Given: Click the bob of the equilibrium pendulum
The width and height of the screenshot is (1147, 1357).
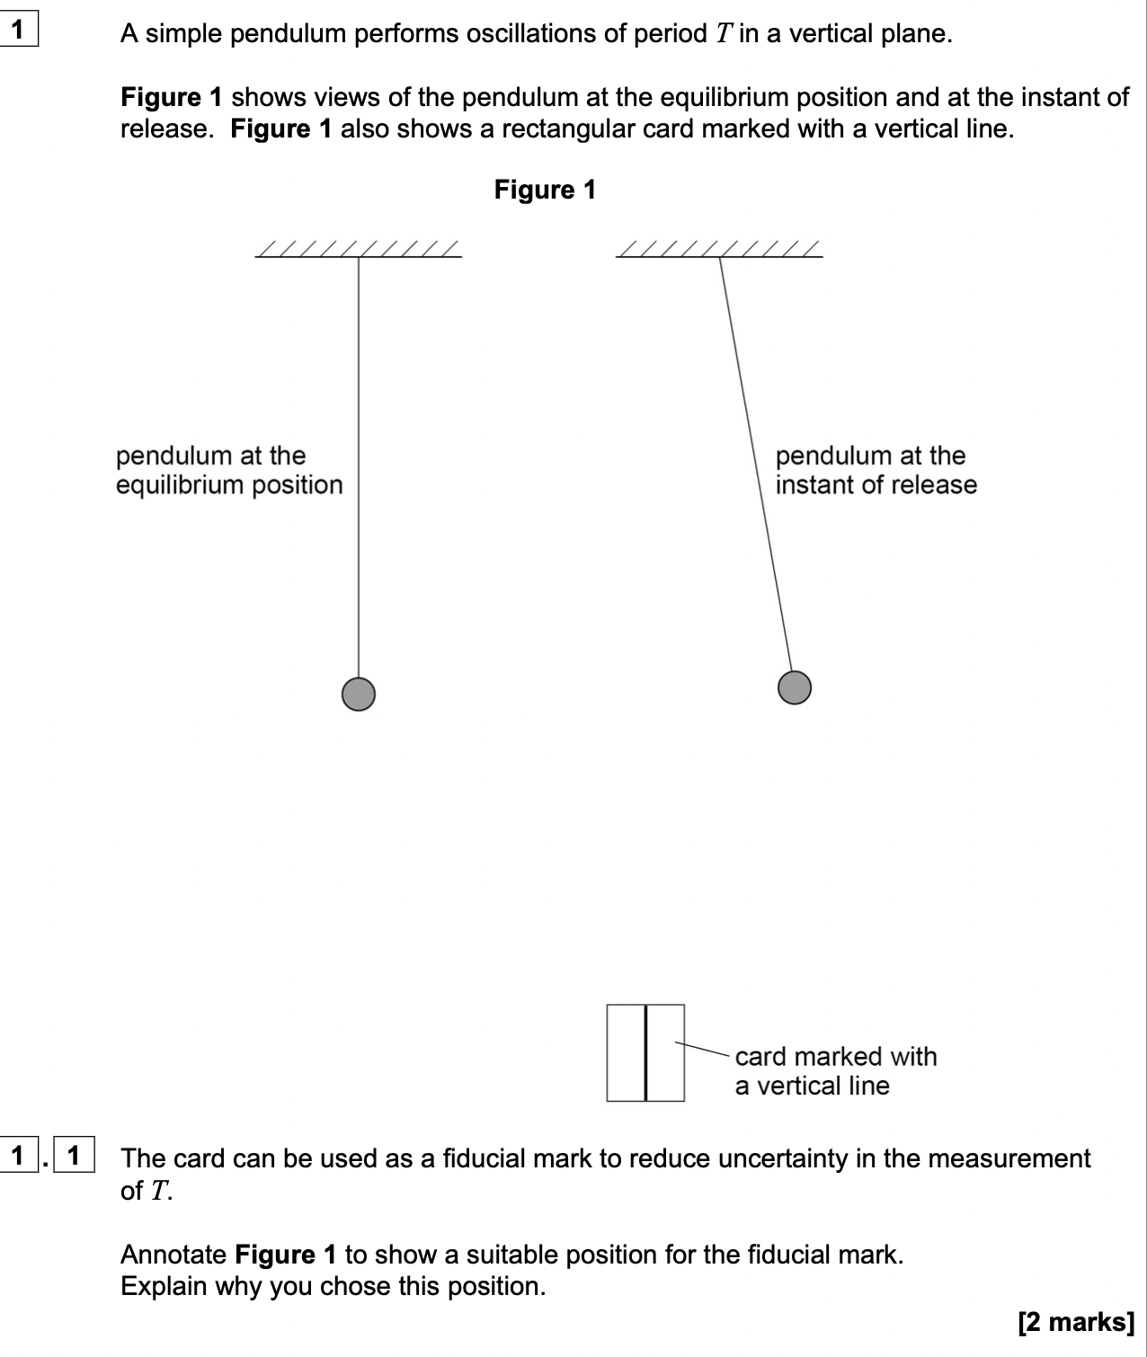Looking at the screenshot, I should click(359, 694).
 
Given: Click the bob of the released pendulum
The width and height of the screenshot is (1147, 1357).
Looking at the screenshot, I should click(795, 687).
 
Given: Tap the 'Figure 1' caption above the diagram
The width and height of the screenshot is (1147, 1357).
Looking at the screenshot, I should click(545, 190).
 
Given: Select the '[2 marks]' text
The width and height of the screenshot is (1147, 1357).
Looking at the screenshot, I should click(1076, 1322).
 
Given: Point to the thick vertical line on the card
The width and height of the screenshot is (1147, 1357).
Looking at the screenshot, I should click(645, 1052).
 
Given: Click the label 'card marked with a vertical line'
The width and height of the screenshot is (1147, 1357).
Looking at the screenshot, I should click(835, 1071).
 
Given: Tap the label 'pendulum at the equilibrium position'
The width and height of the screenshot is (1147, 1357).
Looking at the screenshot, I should click(229, 470).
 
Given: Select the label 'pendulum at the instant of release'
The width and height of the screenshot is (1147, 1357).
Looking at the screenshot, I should click(876, 470).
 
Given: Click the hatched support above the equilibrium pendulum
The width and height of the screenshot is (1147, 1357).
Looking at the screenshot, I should click(359, 249).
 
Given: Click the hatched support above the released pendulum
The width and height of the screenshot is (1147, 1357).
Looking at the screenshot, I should click(719, 249).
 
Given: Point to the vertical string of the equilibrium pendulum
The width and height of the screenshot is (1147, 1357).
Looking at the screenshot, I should click(359, 467).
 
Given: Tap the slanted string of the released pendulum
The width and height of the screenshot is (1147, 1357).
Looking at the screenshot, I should click(755, 467).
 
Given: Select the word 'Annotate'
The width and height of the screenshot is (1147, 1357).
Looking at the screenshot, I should click(173, 1255).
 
